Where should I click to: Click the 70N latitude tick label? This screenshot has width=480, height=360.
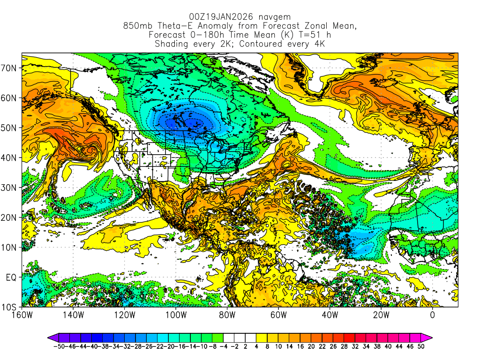9,68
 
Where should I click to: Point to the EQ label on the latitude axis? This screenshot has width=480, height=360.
11,277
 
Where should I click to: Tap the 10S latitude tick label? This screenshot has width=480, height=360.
9,307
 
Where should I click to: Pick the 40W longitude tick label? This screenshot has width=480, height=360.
330,315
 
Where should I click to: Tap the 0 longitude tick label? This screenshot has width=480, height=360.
432,315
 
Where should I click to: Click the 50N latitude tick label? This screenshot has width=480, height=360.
9,128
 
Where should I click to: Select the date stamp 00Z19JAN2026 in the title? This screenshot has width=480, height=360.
218,17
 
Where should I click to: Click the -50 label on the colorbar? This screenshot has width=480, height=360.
59,346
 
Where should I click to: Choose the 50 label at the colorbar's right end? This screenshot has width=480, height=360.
421,346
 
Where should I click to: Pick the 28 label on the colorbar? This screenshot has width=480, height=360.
349,346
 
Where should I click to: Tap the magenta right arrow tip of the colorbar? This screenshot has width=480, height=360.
429,337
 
